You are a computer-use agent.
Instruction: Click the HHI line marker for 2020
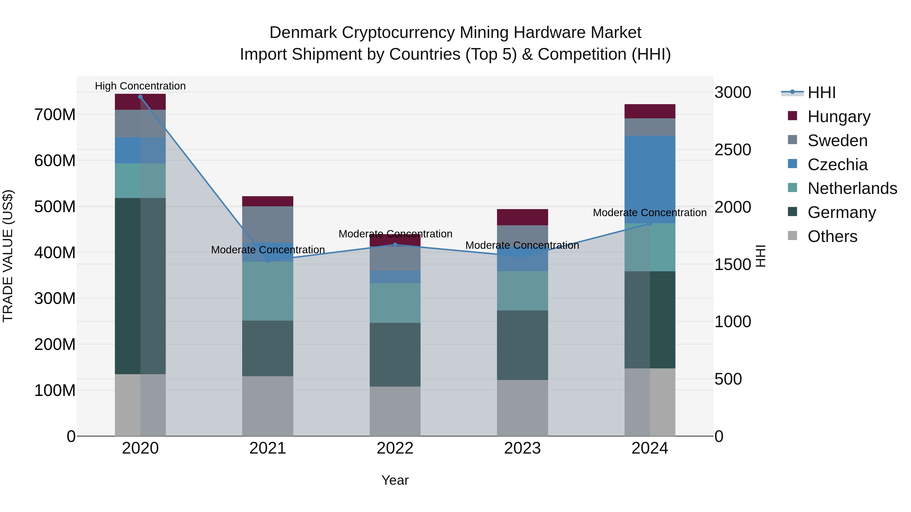click(x=140, y=97)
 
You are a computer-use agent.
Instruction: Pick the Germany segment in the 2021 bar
click(x=268, y=348)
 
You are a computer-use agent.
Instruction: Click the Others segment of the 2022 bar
click(x=395, y=411)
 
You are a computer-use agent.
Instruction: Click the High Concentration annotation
click(x=140, y=86)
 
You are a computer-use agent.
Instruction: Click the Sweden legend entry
click(x=837, y=141)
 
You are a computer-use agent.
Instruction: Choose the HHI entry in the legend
click(x=821, y=93)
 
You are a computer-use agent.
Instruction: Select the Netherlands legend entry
click(x=852, y=188)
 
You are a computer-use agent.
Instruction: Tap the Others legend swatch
click(x=793, y=236)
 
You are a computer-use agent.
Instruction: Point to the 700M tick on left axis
click(x=55, y=115)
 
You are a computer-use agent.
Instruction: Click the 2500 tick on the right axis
click(x=733, y=150)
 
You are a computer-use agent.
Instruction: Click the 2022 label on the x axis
click(x=395, y=448)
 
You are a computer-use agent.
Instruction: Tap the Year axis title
click(x=395, y=480)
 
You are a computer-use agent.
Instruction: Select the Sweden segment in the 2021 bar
click(x=268, y=224)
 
